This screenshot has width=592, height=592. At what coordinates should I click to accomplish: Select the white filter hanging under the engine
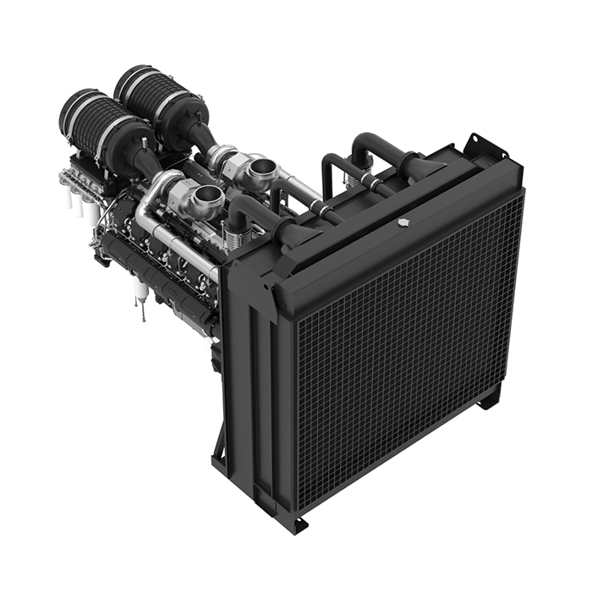142,293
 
